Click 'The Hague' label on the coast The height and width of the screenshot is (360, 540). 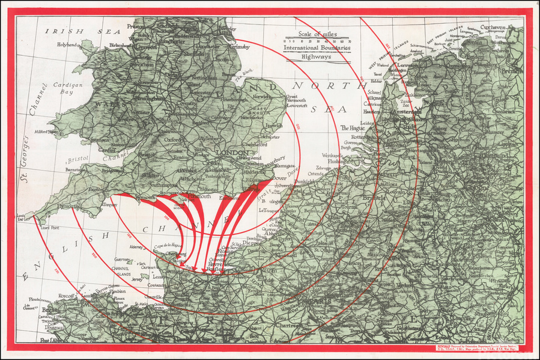tap(353, 127)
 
